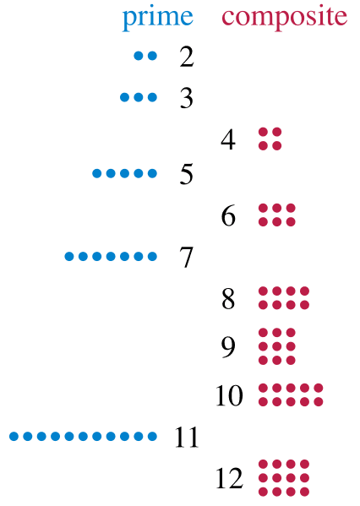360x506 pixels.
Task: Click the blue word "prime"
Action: point(157,18)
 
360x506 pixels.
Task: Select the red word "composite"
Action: point(285,16)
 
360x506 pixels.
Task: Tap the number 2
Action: point(188,57)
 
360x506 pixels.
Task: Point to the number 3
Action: point(188,99)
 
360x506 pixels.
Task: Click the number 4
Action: point(227,139)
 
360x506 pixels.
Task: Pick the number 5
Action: point(188,175)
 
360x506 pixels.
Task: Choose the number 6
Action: point(227,216)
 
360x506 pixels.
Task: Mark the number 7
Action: point(188,257)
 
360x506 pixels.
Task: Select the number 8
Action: point(227,298)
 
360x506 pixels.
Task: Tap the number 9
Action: point(227,346)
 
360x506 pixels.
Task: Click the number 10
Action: point(229,395)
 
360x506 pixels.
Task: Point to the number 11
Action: point(187,438)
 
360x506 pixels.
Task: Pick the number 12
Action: point(229,479)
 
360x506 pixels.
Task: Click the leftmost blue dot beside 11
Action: point(14,437)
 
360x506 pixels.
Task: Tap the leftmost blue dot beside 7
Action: point(69,256)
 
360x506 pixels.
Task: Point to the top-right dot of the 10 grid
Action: point(319,389)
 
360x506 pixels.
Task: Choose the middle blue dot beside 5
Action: point(125,174)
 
